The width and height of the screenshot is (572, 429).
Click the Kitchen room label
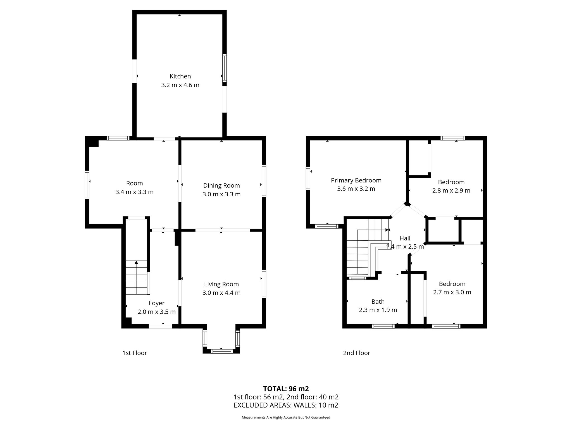point(180,76)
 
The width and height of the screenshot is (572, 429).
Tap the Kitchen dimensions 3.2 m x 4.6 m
point(180,85)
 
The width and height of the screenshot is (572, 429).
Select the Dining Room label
point(221,185)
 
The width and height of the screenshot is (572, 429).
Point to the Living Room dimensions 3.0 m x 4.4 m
point(221,293)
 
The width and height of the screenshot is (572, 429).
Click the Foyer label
point(157,303)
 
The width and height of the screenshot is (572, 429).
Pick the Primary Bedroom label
point(356,180)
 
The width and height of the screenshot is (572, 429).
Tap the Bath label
point(378,302)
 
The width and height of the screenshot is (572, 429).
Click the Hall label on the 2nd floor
point(405,238)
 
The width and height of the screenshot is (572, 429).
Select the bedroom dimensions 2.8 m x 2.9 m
point(451,190)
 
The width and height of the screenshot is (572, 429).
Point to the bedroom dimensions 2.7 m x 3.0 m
point(452,292)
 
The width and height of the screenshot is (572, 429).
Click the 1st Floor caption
point(135,353)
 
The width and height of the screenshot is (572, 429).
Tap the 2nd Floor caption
point(357,353)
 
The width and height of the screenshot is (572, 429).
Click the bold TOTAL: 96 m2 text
point(286,389)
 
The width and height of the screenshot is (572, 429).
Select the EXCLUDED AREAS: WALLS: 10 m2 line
point(286,405)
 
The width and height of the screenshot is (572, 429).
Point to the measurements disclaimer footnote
point(286,417)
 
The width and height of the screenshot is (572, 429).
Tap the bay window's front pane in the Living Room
point(221,351)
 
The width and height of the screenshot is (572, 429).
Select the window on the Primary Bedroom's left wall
point(308,178)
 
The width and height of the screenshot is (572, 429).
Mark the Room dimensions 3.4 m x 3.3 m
point(135,192)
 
